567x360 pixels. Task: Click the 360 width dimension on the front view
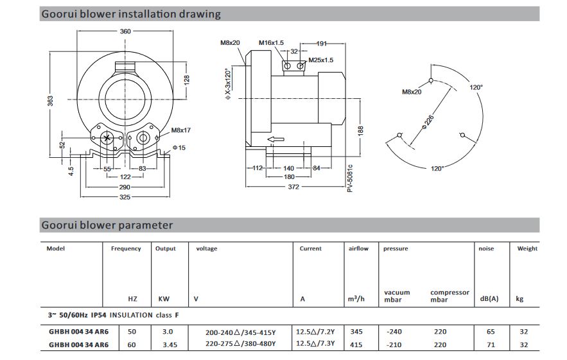point(126,32)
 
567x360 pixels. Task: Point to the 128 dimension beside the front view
point(188,79)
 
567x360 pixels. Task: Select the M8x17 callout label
point(182,130)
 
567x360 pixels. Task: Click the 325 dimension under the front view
point(126,197)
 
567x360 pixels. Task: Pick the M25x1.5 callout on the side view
point(320,60)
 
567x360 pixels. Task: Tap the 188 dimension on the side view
point(361,131)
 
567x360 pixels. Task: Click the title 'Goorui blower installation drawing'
point(130,13)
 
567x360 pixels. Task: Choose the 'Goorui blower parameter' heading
point(107,225)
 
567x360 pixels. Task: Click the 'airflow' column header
point(358,249)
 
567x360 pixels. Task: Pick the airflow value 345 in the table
point(358,332)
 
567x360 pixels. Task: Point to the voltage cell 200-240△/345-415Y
point(240,332)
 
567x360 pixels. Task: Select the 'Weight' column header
point(527,249)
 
